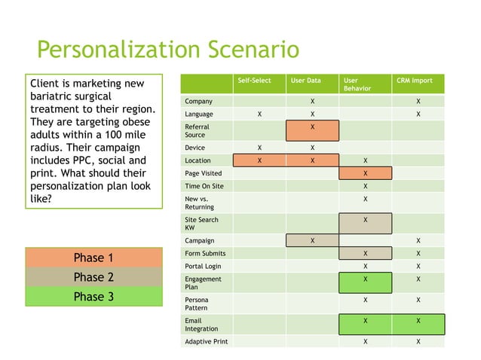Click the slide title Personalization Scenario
(x=167, y=50)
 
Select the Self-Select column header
(x=254, y=80)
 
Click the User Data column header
(x=306, y=80)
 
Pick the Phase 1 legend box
(x=93, y=258)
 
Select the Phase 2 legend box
(x=93, y=276)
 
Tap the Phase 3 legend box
(x=93, y=296)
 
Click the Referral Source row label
(x=197, y=130)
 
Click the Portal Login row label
(x=203, y=266)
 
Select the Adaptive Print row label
(x=207, y=341)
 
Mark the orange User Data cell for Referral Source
(x=312, y=130)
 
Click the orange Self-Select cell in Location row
(x=259, y=160)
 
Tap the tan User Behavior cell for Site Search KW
(x=366, y=223)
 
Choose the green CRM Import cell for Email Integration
(x=418, y=324)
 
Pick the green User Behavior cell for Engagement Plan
(x=366, y=282)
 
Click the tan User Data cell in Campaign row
(x=312, y=241)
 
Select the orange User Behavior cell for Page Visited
(x=366, y=173)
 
